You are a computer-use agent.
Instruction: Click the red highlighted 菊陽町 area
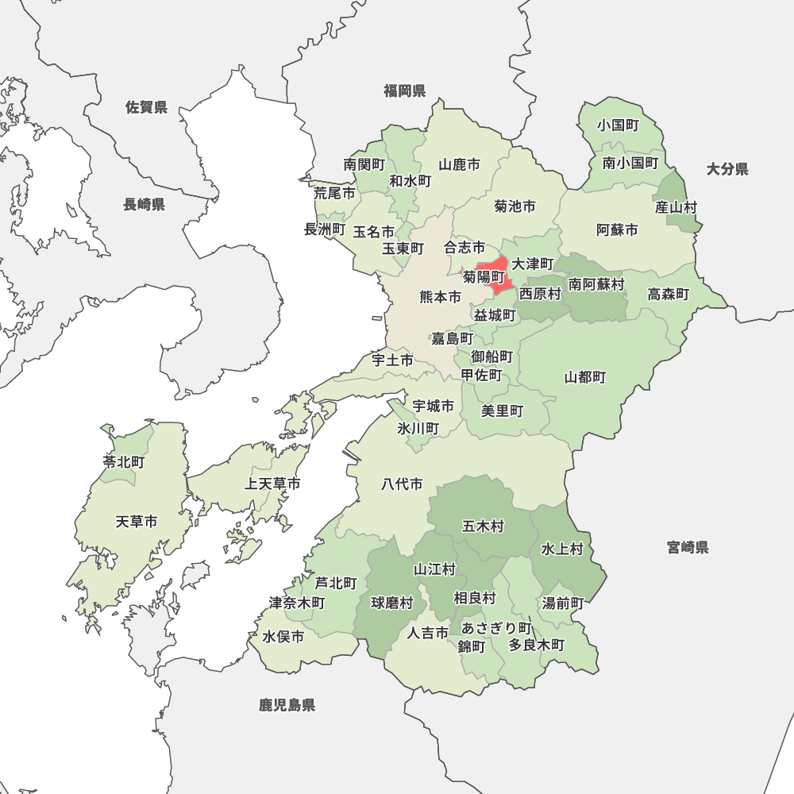pos(496,268)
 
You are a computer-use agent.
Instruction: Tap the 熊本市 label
pos(441,298)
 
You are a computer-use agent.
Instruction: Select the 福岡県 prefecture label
pos(405,91)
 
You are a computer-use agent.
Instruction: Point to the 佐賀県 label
pos(147,107)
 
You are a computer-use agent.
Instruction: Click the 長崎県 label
pos(144,205)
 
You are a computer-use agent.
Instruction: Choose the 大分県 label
pos(727,168)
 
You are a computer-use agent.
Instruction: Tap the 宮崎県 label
pos(688,547)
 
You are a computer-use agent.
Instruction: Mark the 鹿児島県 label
pos(287,704)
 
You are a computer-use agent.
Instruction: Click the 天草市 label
pos(137,522)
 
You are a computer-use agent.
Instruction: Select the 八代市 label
pos(402,484)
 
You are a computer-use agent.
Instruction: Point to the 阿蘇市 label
pos(617,230)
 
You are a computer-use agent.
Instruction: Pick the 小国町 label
pos(619,125)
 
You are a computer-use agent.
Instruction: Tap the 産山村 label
pos(676,207)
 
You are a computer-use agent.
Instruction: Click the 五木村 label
pos(483,526)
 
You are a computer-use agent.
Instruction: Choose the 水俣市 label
pos(283,637)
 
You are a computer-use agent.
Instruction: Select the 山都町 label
pos(585,377)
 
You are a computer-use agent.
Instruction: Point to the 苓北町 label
pos(124,461)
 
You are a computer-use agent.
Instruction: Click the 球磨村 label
pos(392,603)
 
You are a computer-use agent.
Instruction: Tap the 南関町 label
pos(364,164)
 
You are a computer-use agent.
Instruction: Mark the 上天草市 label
pos(272,484)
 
